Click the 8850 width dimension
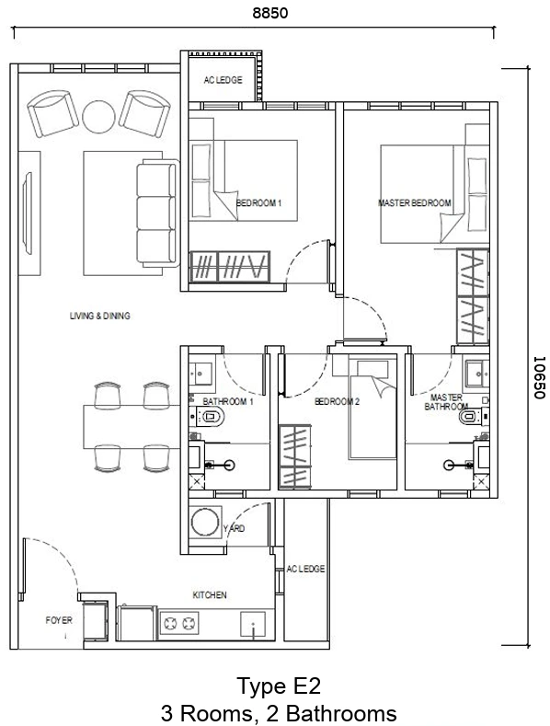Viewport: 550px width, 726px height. coord(269,13)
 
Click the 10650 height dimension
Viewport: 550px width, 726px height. coord(539,377)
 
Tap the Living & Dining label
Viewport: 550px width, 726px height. coord(100,316)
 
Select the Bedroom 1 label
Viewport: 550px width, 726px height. coord(258,202)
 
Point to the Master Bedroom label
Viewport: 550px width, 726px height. coord(415,202)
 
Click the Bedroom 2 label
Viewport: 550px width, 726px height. coord(337,401)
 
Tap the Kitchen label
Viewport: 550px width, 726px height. coord(210,595)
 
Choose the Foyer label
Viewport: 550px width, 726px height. coord(59,620)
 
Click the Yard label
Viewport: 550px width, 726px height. coord(234,528)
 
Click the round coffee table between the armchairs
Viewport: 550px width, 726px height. coord(98,116)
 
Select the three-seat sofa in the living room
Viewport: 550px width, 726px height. coord(158,213)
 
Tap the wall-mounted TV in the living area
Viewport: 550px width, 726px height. coord(29,213)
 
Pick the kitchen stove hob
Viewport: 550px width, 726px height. coord(179,624)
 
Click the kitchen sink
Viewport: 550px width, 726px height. coord(253,625)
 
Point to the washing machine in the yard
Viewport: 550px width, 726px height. coord(205,523)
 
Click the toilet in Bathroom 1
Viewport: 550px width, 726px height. coord(210,416)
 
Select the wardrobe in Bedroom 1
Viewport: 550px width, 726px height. coord(230,266)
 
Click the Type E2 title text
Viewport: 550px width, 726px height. coord(279,686)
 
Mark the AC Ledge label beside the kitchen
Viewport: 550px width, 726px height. coord(305,569)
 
